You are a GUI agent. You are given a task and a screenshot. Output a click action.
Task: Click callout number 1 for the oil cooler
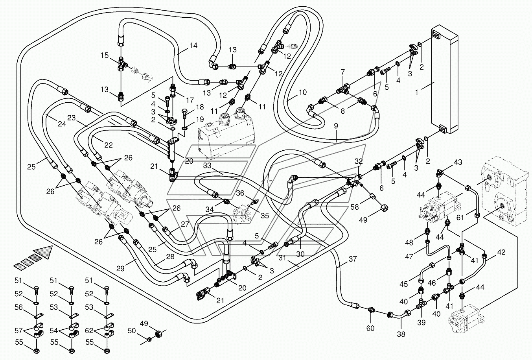pos(417,92)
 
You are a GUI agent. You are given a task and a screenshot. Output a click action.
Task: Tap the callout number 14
pos(193,45)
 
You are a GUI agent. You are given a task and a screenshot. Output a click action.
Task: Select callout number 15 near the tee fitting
pos(105,55)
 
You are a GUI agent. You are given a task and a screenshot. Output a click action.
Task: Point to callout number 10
pos(303,92)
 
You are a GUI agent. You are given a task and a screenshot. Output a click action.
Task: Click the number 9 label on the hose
pos(336,126)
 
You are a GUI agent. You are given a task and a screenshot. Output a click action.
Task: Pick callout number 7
pos(342,72)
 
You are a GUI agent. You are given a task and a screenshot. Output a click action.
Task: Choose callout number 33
pos(207,165)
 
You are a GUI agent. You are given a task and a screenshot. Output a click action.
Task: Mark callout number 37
pos(353,259)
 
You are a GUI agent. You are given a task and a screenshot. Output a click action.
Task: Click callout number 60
pos(370,328)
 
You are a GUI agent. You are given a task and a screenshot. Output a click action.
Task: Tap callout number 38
pos(401,334)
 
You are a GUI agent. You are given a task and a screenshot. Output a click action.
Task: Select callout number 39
pos(422,323)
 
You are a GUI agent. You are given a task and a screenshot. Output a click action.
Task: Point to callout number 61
pos(460,217)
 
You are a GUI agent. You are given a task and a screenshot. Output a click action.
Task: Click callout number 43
pos(458,162)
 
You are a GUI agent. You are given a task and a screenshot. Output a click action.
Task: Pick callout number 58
pos(355,207)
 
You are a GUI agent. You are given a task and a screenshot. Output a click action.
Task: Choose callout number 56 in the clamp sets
pos(19,307)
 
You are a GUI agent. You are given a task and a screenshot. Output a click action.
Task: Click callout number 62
pos(89,330)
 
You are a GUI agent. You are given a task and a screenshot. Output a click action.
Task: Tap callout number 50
pos(132,330)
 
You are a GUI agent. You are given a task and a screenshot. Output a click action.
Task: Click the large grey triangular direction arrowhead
pos(43,252)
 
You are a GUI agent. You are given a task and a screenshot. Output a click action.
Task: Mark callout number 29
pos(120,268)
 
